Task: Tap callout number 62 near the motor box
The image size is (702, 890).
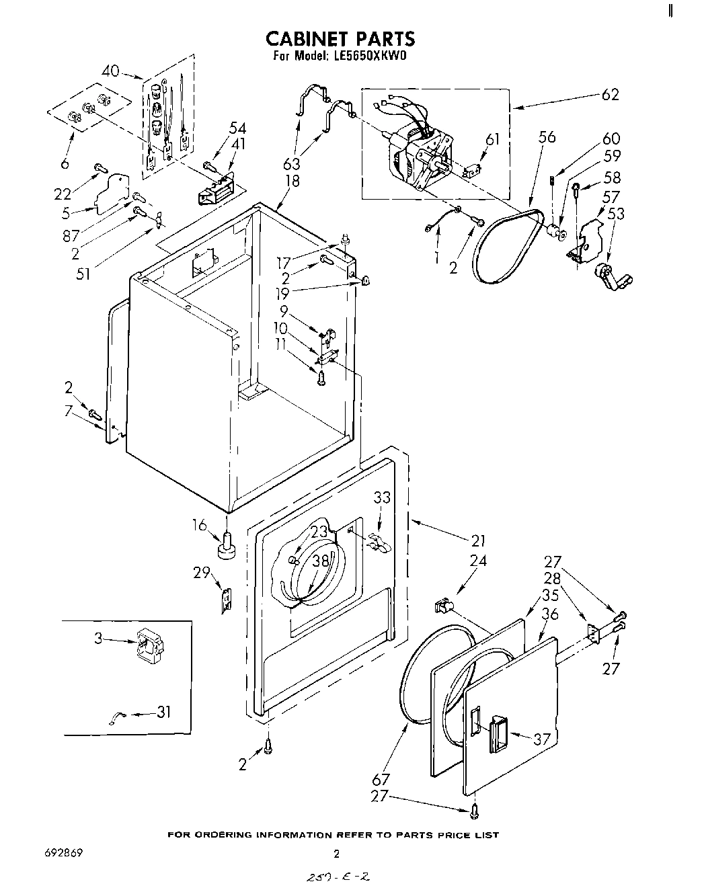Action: coord(609,94)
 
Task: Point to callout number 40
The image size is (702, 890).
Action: coord(111,71)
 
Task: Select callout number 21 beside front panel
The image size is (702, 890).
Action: coord(477,540)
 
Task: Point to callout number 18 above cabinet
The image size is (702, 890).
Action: coord(292,180)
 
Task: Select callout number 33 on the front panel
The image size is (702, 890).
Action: coord(382,497)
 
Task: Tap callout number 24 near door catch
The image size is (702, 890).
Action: coord(478,560)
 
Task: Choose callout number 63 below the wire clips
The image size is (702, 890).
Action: coord(292,164)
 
